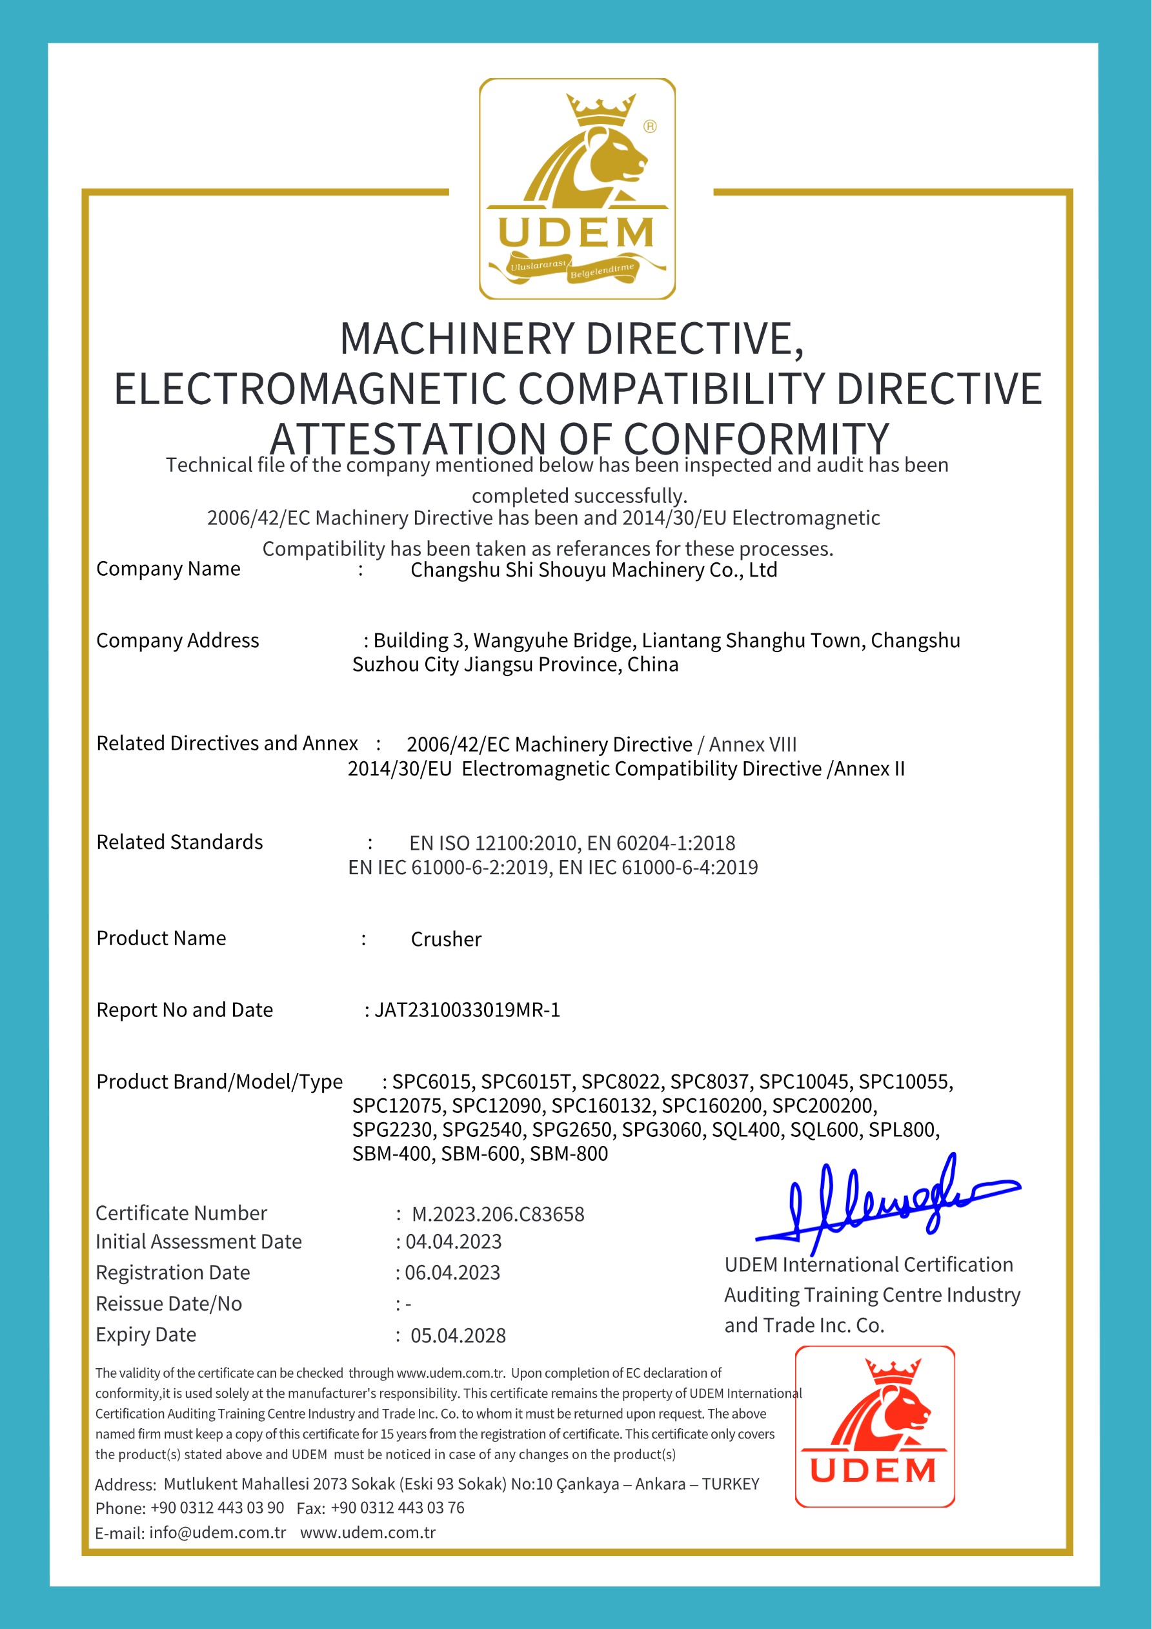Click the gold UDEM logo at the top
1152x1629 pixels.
[577, 189]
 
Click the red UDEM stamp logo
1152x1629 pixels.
[874, 1426]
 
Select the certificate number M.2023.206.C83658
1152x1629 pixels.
[498, 1214]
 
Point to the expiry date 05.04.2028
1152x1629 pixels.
[458, 1336]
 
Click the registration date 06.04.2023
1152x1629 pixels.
[452, 1273]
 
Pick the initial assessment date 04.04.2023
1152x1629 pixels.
[453, 1242]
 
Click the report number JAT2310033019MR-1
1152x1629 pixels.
[467, 1010]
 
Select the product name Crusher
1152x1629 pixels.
[446, 939]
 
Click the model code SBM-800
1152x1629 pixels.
[569, 1154]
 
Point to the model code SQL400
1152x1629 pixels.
[746, 1130]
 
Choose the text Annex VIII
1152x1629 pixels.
[753, 745]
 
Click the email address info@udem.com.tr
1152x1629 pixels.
[217, 1533]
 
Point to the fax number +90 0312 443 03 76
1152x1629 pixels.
[398, 1508]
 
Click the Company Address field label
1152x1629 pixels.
[177, 640]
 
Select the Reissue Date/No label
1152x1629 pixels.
[169, 1304]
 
